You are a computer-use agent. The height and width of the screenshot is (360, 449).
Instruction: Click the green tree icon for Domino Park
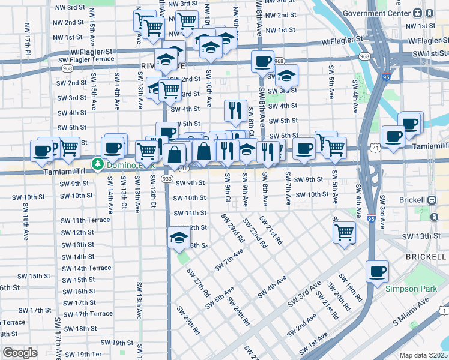coord(97,163)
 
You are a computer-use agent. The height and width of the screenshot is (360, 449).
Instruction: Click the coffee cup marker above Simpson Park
coord(377,272)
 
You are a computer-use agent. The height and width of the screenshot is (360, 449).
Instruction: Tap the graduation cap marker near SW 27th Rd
coord(178,238)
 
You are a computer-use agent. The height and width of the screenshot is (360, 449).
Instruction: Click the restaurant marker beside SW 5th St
coord(235,110)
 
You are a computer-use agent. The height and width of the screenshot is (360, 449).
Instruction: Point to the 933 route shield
coord(168,179)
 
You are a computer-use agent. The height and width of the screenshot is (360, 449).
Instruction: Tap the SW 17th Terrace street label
coord(88,314)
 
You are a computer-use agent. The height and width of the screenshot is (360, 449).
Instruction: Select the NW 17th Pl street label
coord(28,37)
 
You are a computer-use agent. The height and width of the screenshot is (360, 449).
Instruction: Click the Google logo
coord(20,353)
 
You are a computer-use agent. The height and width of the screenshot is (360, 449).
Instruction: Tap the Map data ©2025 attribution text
coord(423,355)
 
